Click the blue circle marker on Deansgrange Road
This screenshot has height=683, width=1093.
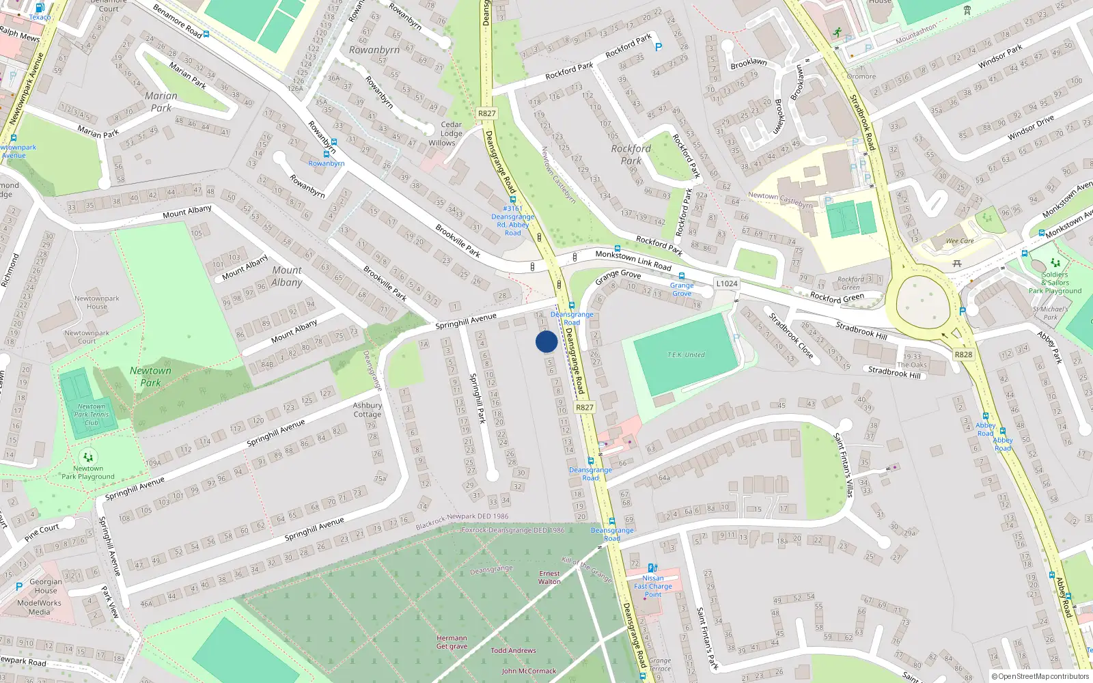(x=546, y=341)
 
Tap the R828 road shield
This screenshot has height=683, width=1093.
(x=963, y=354)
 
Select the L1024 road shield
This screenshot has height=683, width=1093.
(x=727, y=283)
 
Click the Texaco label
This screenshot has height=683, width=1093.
(x=40, y=17)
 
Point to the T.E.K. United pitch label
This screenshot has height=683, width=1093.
(x=686, y=355)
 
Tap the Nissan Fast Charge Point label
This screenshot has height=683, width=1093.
(x=653, y=586)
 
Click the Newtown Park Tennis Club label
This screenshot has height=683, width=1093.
(x=92, y=415)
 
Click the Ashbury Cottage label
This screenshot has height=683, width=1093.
(x=368, y=410)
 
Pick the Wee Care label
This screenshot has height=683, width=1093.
(x=960, y=241)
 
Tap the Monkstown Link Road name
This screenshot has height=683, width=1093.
(x=633, y=260)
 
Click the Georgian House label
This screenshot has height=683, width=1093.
(x=46, y=586)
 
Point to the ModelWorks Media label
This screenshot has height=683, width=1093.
(x=39, y=607)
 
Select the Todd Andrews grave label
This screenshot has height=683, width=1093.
(x=513, y=651)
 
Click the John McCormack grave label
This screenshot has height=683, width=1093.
(x=529, y=671)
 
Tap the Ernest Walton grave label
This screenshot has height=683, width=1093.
(x=549, y=578)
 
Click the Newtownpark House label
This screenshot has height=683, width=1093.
(x=97, y=303)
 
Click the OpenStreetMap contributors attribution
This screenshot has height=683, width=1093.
(x=1040, y=677)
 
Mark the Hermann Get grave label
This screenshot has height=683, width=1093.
(x=452, y=642)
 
